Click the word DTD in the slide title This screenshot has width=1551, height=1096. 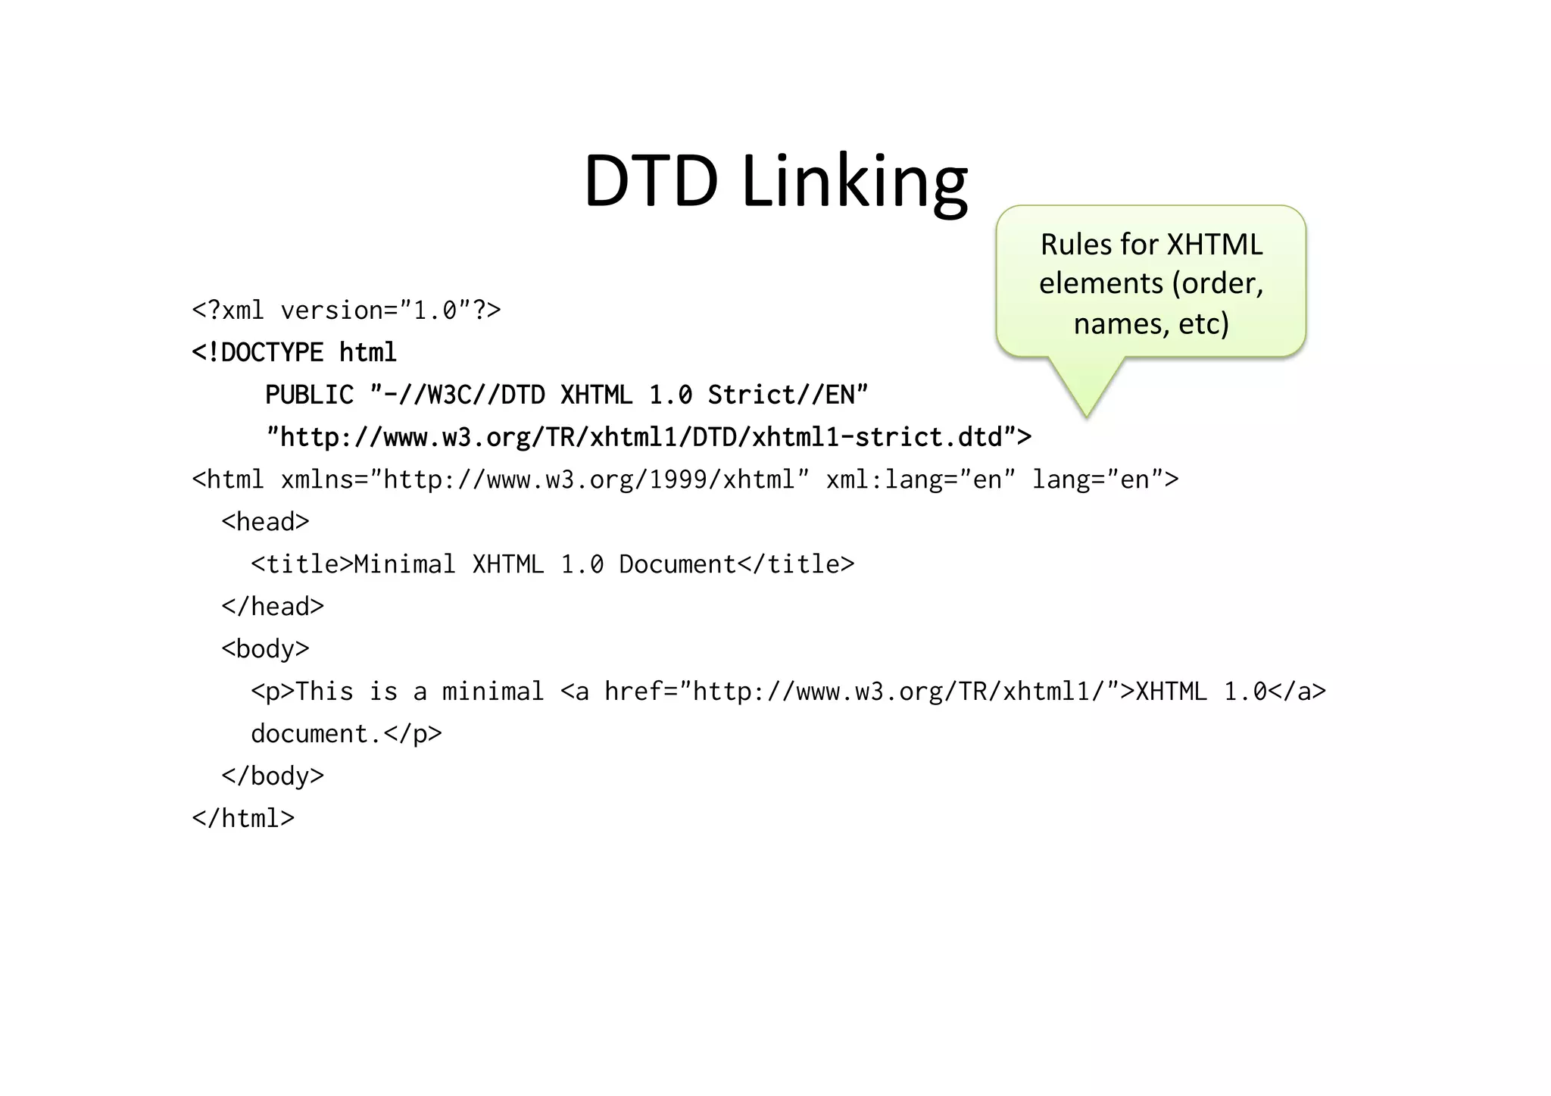click(650, 181)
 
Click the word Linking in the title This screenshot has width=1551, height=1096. click(854, 183)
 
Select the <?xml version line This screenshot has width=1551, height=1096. click(346, 311)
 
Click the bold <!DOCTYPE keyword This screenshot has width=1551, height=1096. click(257, 353)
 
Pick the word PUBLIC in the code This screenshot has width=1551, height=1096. click(309, 395)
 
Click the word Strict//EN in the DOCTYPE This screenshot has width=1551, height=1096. click(788, 395)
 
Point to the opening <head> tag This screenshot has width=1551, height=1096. click(265, 523)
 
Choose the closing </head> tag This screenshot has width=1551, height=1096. click(273, 607)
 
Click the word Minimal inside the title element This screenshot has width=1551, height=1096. click(404, 565)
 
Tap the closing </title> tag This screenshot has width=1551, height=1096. click(795, 565)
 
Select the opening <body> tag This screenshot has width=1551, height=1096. click(265, 650)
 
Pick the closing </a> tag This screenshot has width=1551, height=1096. click(1297, 692)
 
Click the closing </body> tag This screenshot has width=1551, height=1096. click(273, 776)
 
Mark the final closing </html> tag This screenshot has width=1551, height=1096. click(243, 819)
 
